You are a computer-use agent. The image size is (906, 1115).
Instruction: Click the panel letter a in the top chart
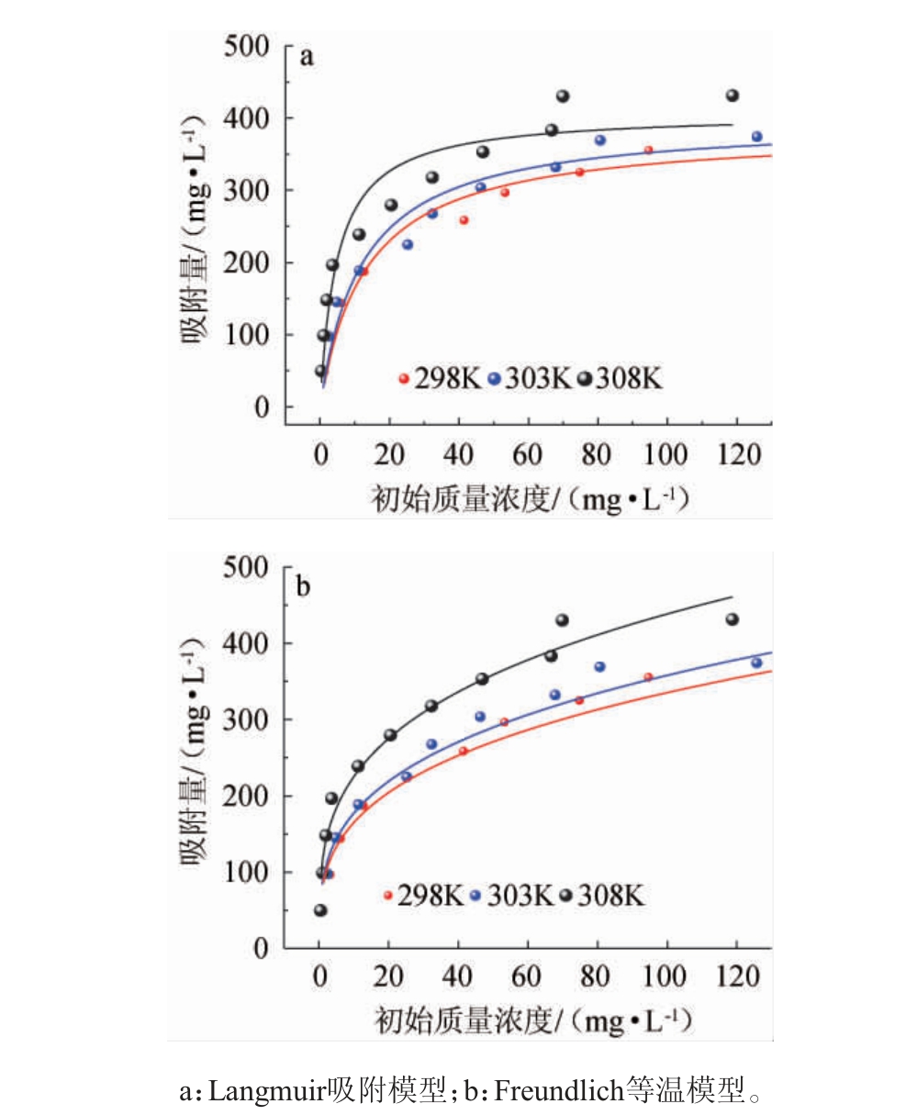(x=308, y=58)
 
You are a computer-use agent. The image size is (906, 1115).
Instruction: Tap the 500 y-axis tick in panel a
(x=250, y=46)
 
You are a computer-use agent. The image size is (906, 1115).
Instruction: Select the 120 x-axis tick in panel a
(x=735, y=453)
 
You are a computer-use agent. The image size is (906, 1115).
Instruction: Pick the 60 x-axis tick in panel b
(x=526, y=976)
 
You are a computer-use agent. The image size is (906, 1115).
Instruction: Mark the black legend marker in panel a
(x=584, y=378)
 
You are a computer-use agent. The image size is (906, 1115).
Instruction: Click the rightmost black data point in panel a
(x=732, y=95)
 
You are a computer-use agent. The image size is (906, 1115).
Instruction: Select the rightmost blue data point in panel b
(x=756, y=663)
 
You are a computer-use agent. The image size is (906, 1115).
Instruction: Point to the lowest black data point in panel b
(x=320, y=910)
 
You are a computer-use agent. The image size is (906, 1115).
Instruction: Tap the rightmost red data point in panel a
(x=648, y=150)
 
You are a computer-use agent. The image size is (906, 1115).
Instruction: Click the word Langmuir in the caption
(x=266, y=1092)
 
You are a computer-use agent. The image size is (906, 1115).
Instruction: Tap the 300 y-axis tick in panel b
(x=250, y=719)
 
